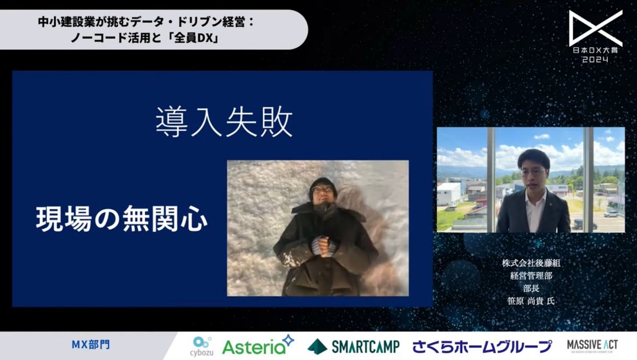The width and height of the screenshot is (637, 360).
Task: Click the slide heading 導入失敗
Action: coord(224,123)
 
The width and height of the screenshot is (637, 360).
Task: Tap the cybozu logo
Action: coord(202,346)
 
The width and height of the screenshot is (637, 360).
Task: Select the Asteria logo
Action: coord(257,346)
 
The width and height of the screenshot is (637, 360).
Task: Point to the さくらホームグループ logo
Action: coord(482,347)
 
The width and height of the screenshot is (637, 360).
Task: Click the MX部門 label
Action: coord(91,345)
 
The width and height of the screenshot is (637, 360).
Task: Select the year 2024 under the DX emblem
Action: coord(595,60)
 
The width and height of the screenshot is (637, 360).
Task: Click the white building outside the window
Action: coord(449,194)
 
